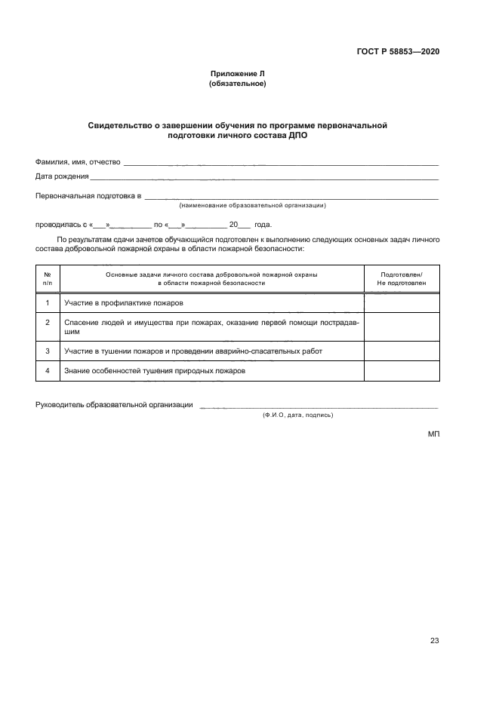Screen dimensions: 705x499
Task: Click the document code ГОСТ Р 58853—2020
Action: (398, 52)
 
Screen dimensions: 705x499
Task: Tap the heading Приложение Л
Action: (237, 74)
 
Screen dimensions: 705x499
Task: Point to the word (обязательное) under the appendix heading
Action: (237, 84)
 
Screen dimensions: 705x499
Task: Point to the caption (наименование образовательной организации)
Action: (252, 205)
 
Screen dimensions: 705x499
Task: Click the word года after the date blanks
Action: (263, 224)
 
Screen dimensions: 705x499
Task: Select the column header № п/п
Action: (48, 279)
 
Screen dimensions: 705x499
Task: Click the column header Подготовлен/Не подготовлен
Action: (401, 279)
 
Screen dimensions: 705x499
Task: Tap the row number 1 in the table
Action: (48, 303)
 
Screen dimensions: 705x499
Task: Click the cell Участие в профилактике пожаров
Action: (124, 303)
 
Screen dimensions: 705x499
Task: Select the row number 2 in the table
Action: (48, 323)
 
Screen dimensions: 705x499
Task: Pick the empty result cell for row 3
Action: (401, 351)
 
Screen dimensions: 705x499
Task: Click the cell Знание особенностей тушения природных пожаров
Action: (155, 371)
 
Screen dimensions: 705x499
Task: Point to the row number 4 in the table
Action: (48, 371)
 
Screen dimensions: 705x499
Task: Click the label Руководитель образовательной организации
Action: (114, 405)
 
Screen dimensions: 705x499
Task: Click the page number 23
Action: (434, 641)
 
